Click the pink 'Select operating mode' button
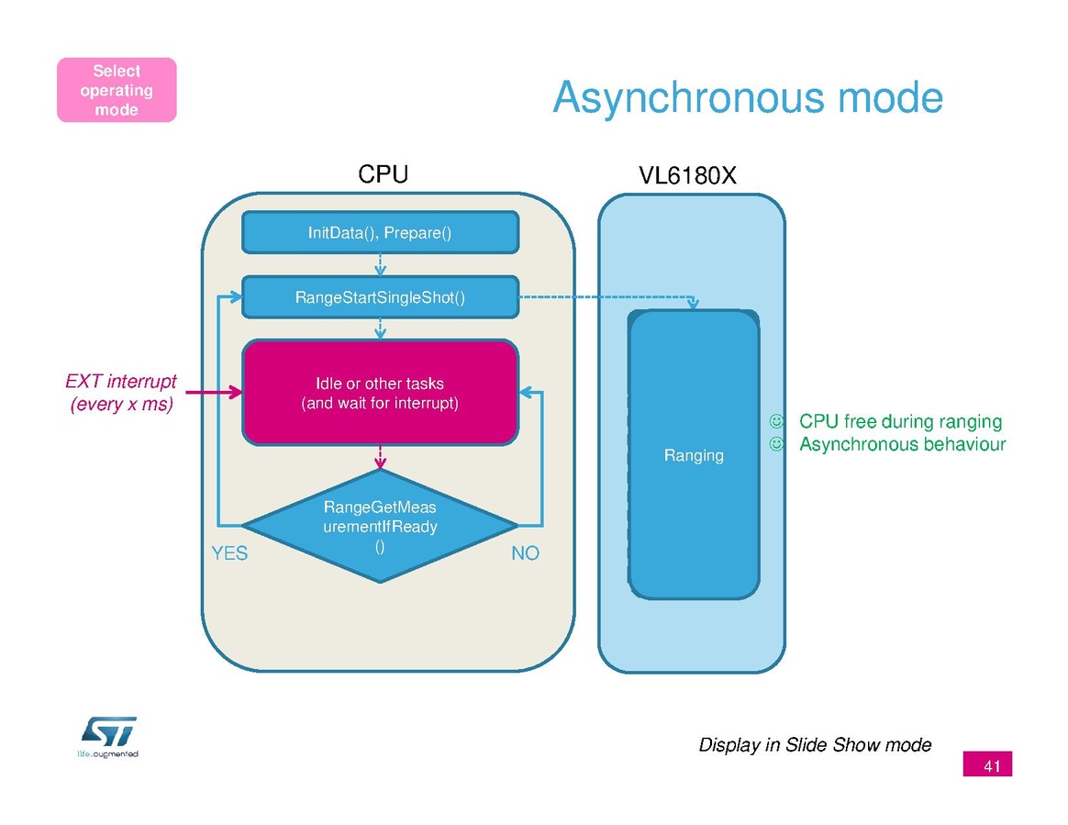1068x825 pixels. [x=117, y=90]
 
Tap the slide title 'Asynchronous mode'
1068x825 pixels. [x=747, y=97]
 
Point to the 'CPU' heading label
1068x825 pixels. [x=383, y=174]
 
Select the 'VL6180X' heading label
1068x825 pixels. [x=687, y=175]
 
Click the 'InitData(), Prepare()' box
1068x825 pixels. [x=380, y=232]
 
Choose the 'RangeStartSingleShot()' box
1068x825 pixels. [x=380, y=297]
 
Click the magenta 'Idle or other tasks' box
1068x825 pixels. [x=380, y=393]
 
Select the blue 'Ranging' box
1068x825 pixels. [x=694, y=455]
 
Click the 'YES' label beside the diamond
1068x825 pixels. [x=229, y=553]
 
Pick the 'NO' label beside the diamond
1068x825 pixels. [x=525, y=553]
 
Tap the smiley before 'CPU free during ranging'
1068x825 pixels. [x=776, y=422]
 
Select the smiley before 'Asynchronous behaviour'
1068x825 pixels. [x=776, y=445]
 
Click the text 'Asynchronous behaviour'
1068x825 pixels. [x=902, y=445]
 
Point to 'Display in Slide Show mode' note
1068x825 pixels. [x=815, y=744]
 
